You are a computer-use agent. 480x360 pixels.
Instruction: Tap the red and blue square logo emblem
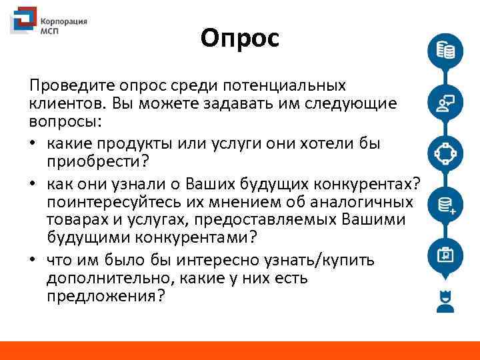[x=23, y=21]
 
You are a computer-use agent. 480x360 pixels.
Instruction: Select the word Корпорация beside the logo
[x=64, y=21]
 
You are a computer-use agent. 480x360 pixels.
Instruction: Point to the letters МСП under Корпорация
[x=51, y=31]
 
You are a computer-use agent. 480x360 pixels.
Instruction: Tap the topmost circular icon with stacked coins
[x=445, y=51]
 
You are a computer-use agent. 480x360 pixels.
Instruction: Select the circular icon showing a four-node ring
[x=445, y=154]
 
